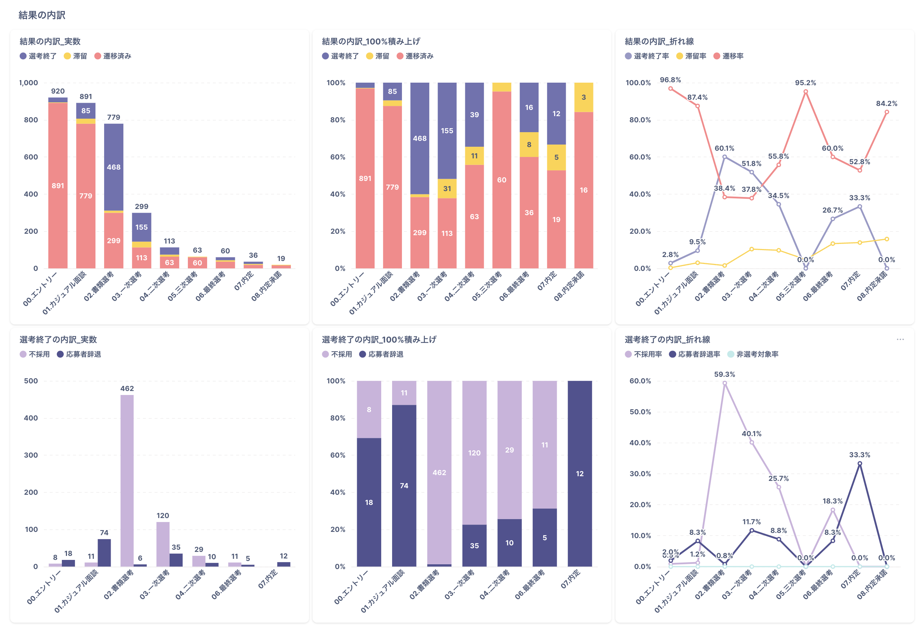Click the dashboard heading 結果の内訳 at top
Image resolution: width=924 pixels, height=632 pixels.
(42, 15)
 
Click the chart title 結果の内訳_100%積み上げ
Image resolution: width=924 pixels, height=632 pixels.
(371, 42)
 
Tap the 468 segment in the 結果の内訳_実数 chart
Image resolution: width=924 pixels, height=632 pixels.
(114, 167)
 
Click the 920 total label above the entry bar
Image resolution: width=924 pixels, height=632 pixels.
(58, 91)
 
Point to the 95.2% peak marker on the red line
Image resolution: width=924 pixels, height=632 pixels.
(806, 91)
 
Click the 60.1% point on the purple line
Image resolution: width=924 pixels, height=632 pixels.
(724, 157)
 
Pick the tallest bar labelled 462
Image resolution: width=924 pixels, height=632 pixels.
(127, 477)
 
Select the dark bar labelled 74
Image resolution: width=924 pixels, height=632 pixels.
(104, 553)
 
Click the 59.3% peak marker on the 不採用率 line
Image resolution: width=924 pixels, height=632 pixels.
(724, 383)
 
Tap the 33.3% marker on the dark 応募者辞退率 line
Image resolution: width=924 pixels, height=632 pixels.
(860, 463)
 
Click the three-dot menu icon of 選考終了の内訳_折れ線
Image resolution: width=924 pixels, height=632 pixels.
(900, 339)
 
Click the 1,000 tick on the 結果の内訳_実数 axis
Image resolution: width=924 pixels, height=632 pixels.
(29, 83)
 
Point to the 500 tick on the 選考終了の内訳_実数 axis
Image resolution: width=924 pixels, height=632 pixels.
(31, 381)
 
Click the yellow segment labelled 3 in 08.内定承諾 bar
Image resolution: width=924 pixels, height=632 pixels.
(583, 97)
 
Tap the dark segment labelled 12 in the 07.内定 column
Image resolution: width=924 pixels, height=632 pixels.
(580, 473)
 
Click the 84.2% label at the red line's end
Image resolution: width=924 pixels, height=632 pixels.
(886, 103)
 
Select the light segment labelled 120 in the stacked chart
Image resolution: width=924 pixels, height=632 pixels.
(474, 453)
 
